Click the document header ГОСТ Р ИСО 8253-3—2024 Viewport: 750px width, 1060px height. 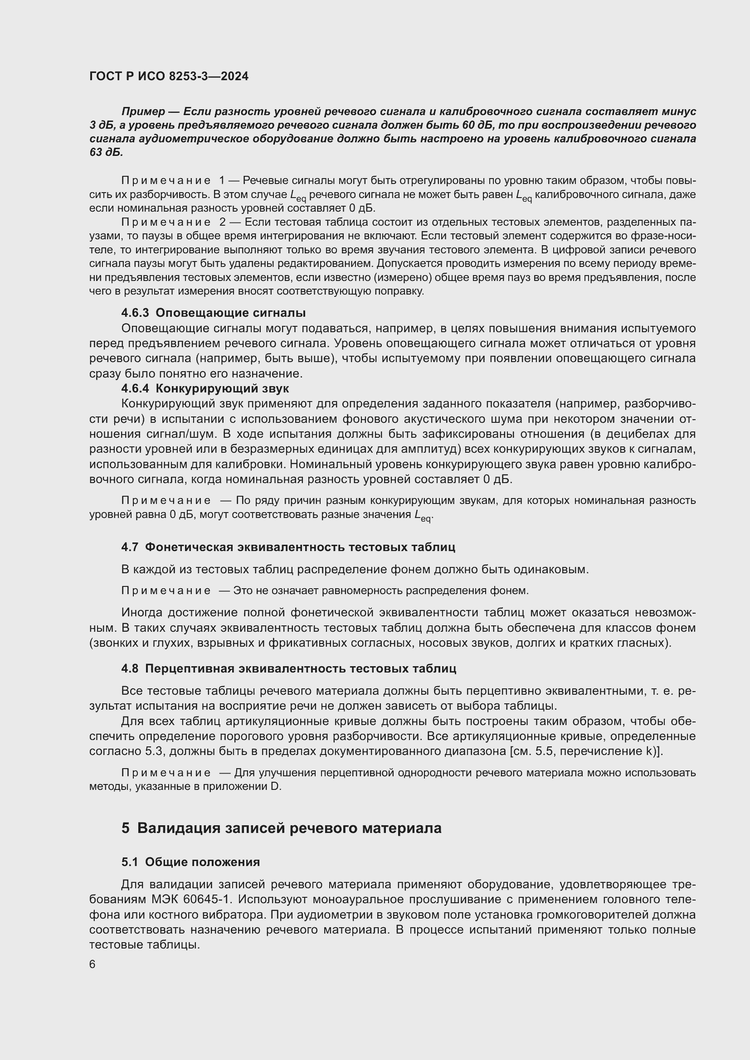(x=169, y=76)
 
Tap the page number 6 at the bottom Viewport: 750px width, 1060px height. (x=93, y=964)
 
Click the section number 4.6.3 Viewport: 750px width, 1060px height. (x=135, y=313)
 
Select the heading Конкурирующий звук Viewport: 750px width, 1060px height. (x=222, y=388)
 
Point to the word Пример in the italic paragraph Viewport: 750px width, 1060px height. (x=143, y=111)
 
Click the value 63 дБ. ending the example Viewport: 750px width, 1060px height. (x=106, y=152)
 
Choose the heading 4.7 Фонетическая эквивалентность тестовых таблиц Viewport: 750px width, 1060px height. (x=288, y=547)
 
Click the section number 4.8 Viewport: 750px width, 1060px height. (x=129, y=668)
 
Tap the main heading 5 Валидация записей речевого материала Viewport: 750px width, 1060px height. (x=281, y=828)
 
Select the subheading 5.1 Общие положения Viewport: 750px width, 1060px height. (x=190, y=862)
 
